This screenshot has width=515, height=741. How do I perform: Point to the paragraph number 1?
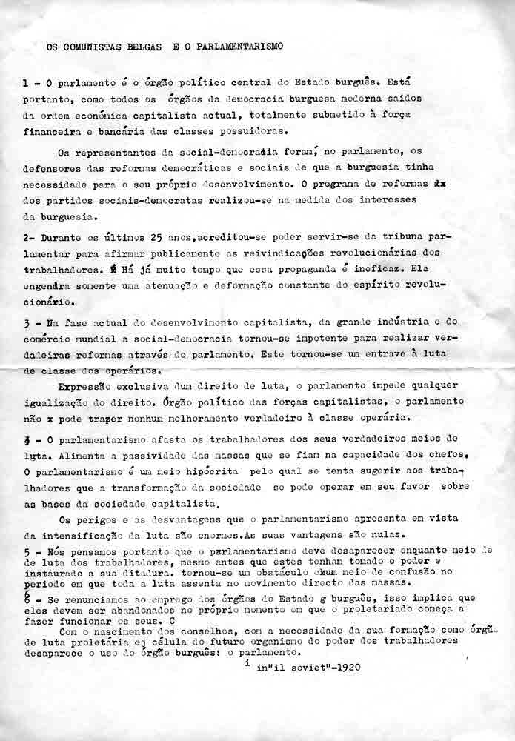point(26,84)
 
